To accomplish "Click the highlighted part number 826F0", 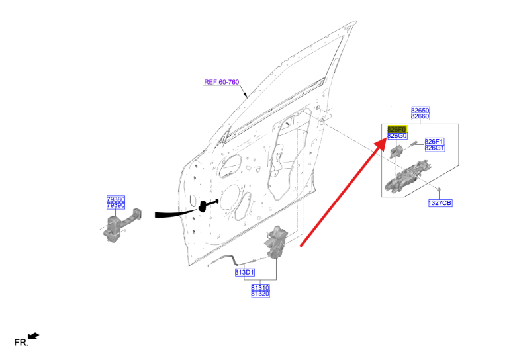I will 396,128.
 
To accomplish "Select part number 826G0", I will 396,136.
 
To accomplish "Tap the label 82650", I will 420,110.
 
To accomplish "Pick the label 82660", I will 420,116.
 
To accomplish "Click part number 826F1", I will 434,141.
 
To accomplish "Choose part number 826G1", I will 434,148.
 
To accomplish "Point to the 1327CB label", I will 440,203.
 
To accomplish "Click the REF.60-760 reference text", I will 221,83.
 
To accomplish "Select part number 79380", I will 116,199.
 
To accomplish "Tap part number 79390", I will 116,206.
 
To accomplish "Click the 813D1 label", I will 244,273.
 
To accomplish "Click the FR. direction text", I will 21,343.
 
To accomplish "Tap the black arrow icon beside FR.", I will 34,337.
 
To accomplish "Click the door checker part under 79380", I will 120,224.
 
